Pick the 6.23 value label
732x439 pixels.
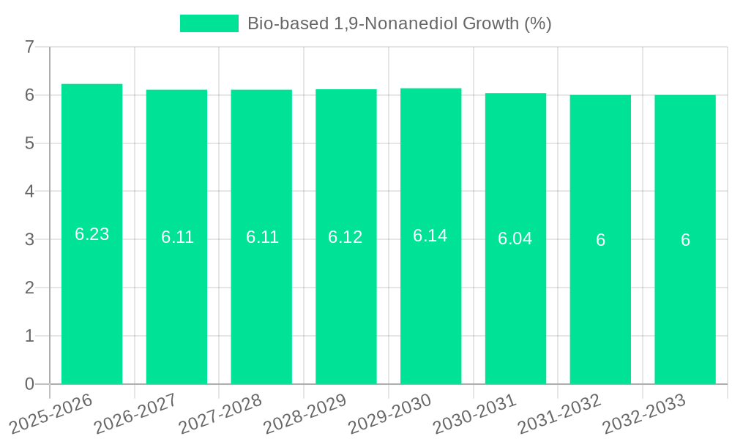(x=91, y=234)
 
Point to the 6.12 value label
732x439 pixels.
(x=346, y=237)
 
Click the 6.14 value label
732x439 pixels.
(x=430, y=236)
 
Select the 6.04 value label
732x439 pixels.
(x=515, y=239)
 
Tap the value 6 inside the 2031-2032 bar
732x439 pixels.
(x=600, y=240)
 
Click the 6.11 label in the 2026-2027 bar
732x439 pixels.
(x=177, y=237)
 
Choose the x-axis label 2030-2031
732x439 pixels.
(x=475, y=413)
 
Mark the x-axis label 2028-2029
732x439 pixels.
(x=305, y=413)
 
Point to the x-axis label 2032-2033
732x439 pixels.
(x=644, y=413)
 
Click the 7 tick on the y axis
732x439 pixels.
(x=29, y=48)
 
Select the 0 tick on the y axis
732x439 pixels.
(x=29, y=384)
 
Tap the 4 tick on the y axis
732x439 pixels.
(x=29, y=192)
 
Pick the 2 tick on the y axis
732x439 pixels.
(x=29, y=288)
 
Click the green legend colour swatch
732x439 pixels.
(x=209, y=23)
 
